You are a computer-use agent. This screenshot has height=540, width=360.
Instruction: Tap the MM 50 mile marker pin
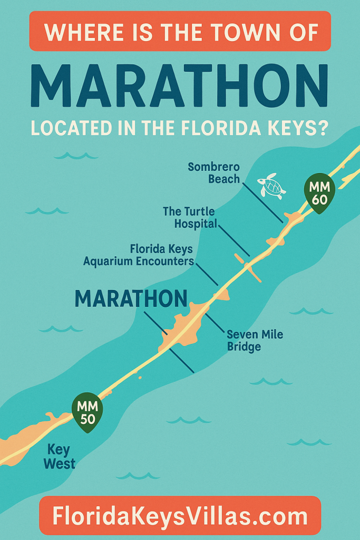click(87, 412)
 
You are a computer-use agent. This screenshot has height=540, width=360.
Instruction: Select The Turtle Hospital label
click(189, 217)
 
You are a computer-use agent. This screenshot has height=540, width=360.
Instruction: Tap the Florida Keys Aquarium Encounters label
click(139, 254)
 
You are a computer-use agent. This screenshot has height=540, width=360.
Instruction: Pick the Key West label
click(61, 457)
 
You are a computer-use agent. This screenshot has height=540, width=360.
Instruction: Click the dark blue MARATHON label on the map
click(131, 299)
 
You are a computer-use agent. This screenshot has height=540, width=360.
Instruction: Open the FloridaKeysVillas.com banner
click(180, 515)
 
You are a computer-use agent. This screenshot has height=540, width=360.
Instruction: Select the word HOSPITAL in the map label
click(197, 224)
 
